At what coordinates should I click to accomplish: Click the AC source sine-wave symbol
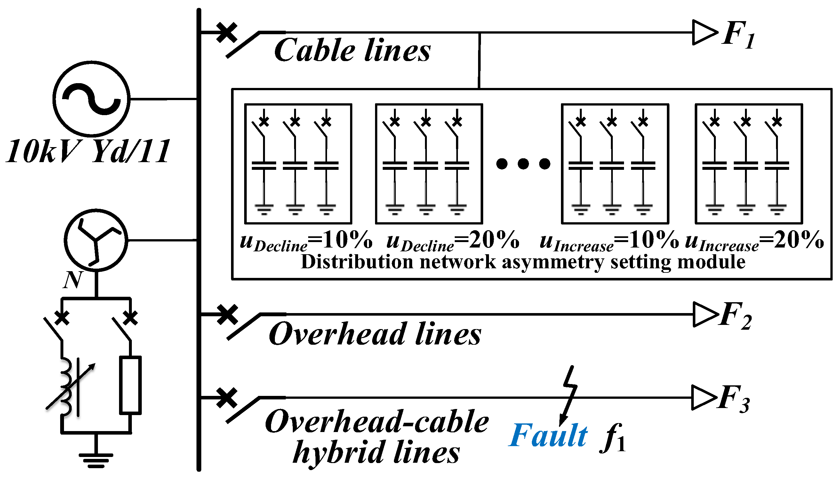91,98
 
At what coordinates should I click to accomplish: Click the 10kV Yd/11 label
88,152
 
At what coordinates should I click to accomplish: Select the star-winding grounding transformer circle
96,240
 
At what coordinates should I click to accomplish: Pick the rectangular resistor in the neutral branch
130,385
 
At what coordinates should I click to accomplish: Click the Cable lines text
352,51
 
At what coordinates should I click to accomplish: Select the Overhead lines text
375,334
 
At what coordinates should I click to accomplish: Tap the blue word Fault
548,436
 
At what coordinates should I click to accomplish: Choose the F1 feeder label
738,35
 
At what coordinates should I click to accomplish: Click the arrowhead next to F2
705,314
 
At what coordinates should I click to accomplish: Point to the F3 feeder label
734,399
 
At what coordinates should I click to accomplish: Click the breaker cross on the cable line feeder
227,32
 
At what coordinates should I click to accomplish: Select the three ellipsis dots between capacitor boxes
523,163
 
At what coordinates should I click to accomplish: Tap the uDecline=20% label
453,241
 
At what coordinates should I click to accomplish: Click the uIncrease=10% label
609,241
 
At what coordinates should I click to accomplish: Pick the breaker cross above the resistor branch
131,318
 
